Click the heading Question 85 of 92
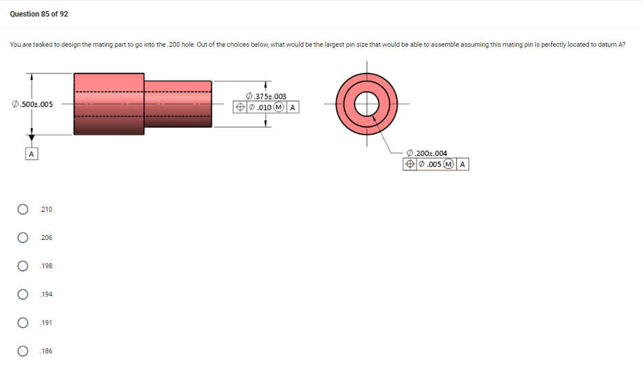click(x=39, y=14)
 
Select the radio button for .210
click(x=23, y=209)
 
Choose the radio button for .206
click(x=23, y=238)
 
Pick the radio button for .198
click(x=23, y=266)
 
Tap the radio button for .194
click(x=23, y=294)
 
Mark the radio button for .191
click(x=23, y=323)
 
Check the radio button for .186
click(x=23, y=351)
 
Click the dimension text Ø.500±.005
click(x=32, y=104)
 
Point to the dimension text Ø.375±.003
click(x=266, y=97)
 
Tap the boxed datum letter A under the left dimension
click(x=31, y=155)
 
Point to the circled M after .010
click(x=280, y=107)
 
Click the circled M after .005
click(x=449, y=164)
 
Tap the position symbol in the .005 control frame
click(x=409, y=164)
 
